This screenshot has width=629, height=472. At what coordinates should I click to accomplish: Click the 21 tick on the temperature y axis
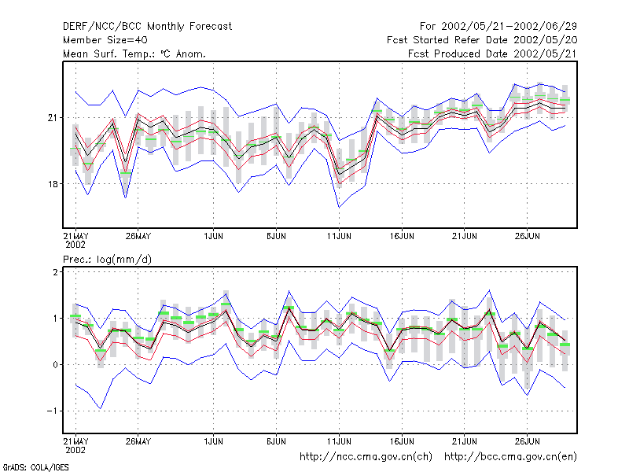[x=53, y=117]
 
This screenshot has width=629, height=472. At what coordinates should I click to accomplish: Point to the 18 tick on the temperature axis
[x=53, y=184]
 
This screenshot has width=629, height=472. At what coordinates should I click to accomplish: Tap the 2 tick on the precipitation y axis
[x=55, y=272]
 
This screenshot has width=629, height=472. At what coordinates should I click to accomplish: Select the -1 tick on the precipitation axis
[x=52, y=411]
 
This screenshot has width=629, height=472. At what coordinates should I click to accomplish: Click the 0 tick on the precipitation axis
[x=55, y=365]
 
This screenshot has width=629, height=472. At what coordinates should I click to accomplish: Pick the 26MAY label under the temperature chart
[x=138, y=236]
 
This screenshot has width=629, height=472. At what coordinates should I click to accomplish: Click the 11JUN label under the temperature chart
[x=339, y=236]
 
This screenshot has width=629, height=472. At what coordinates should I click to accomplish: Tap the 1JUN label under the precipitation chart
[x=213, y=441]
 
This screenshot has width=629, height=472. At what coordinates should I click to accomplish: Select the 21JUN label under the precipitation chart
[x=465, y=441]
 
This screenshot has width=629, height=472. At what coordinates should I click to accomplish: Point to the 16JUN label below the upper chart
[x=402, y=236]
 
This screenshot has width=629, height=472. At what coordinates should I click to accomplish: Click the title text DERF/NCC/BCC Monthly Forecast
[x=147, y=27]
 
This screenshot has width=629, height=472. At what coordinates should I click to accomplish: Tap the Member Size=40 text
[x=105, y=40]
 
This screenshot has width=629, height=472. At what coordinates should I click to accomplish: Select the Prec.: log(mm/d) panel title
[x=107, y=260]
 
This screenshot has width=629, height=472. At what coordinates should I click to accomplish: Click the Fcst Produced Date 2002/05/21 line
[x=492, y=53]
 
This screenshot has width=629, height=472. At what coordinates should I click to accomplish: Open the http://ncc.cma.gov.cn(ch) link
[x=366, y=457]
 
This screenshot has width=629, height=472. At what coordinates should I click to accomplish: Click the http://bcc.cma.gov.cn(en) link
[x=510, y=457]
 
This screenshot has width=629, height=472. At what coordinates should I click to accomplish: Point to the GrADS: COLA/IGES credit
[x=35, y=467]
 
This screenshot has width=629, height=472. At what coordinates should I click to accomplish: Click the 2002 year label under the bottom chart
[x=75, y=450]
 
